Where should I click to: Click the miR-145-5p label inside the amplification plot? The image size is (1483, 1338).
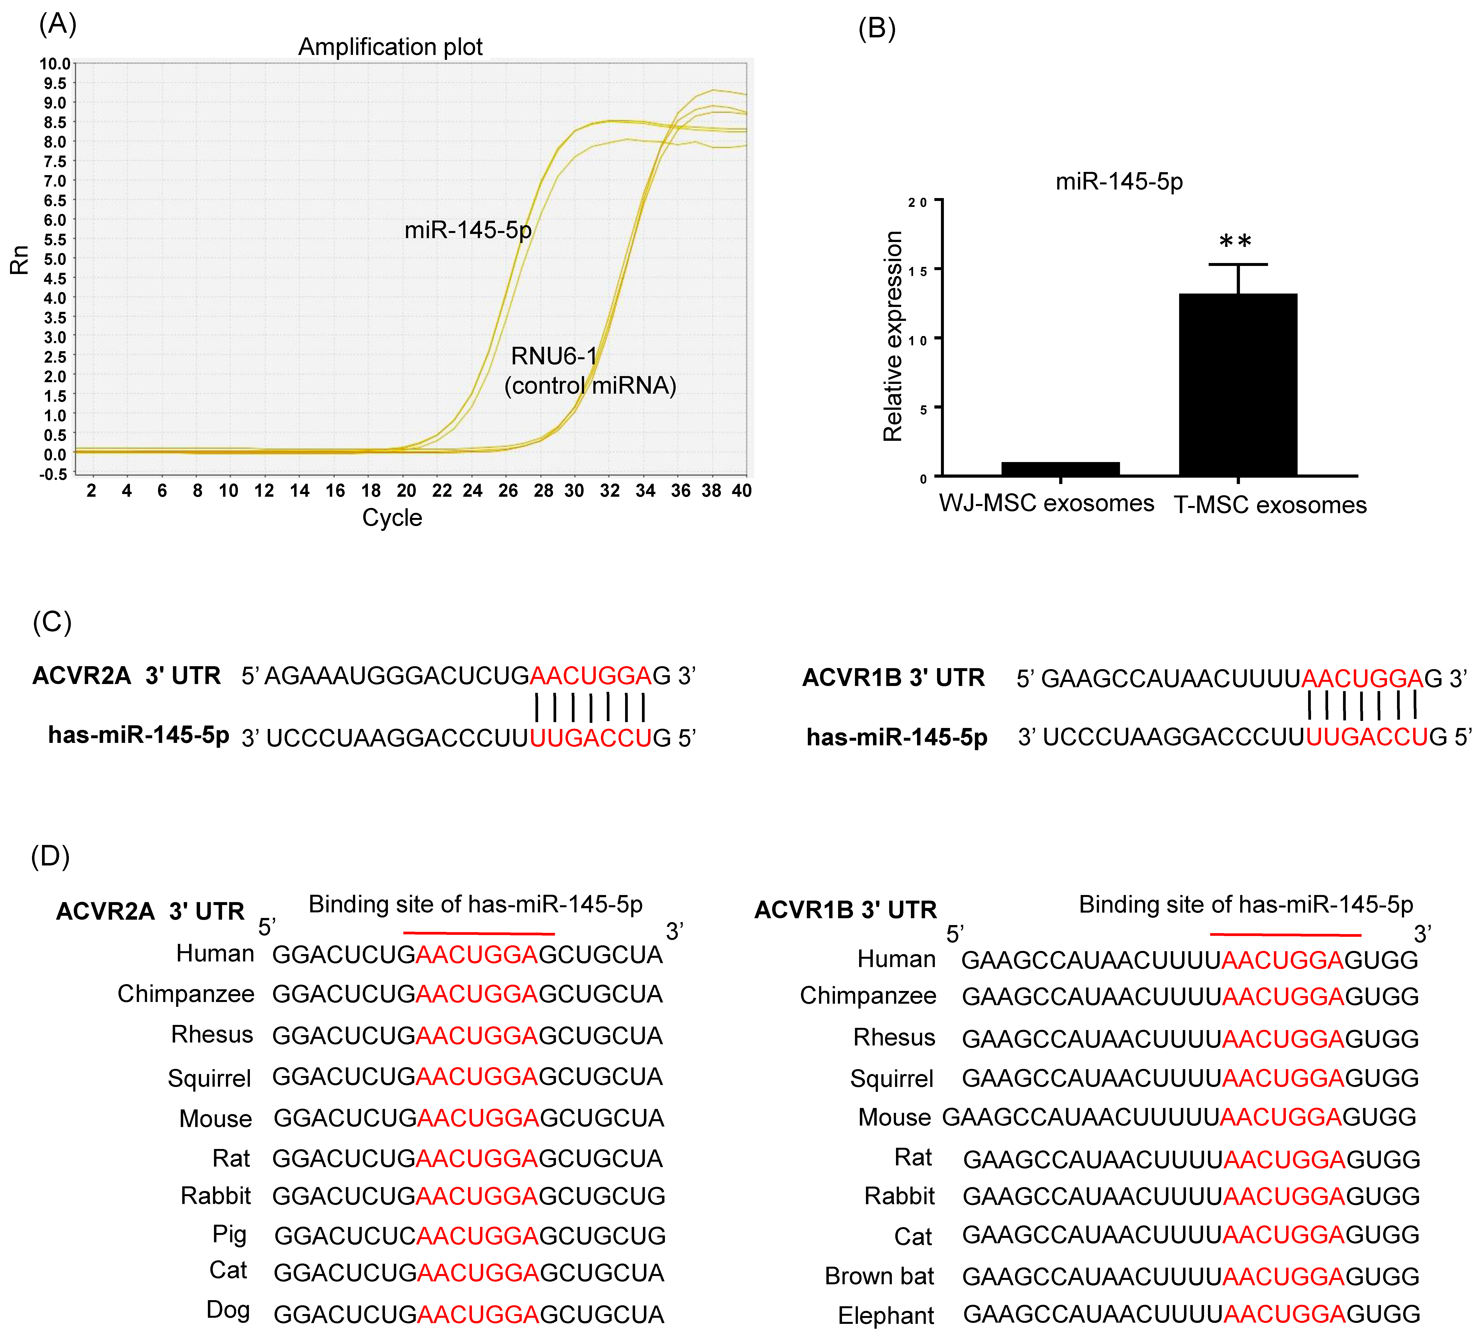coord(468,230)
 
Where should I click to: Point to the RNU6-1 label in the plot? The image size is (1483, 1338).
coord(554,357)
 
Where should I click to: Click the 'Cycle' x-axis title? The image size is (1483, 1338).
coord(392,517)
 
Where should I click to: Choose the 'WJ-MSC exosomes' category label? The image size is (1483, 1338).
coord(1046,504)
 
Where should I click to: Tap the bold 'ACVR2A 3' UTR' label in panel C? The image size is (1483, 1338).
coord(127,676)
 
